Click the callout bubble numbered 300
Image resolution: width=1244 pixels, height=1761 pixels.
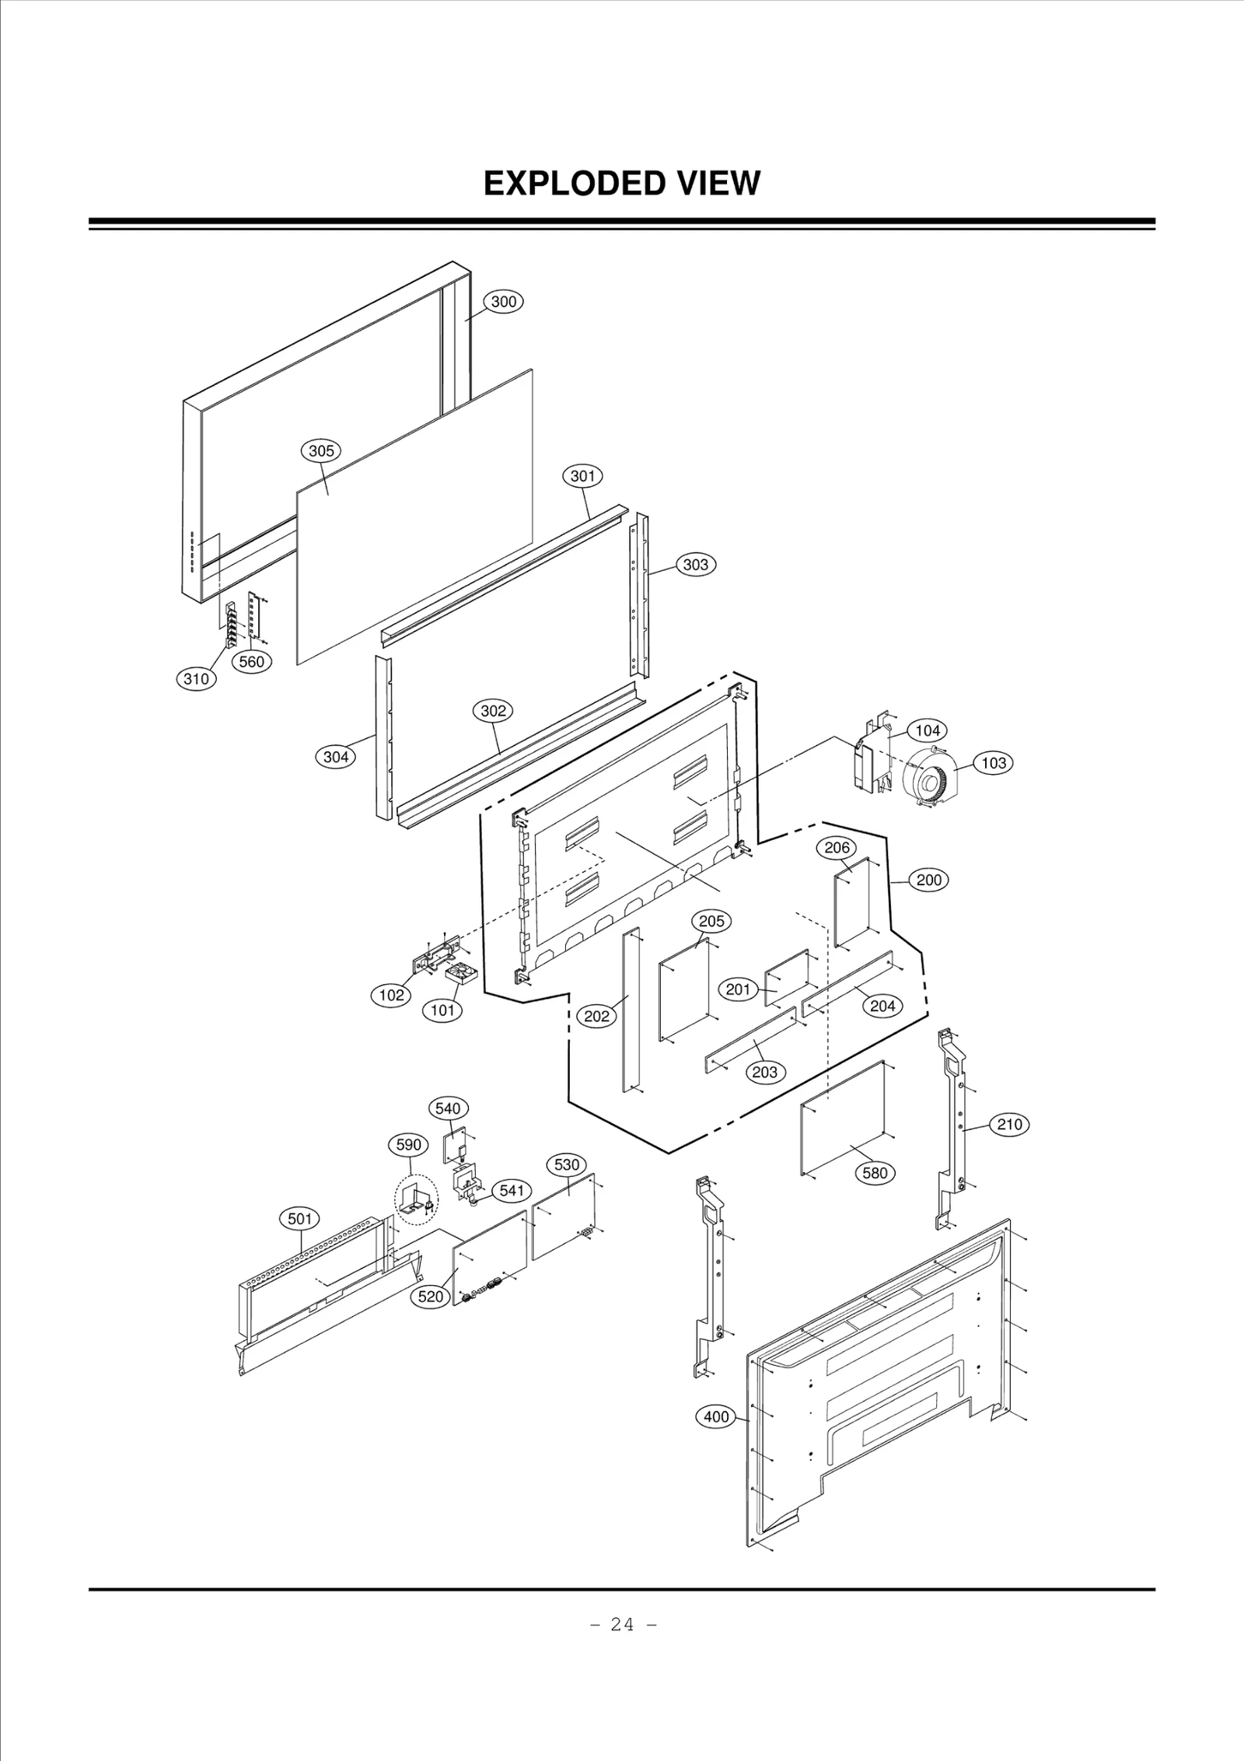click(504, 302)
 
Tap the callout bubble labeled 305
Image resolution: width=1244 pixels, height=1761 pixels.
click(321, 450)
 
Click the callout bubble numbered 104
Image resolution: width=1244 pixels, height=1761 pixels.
click(927, 730)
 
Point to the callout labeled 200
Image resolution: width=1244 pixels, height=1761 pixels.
click(928, 880)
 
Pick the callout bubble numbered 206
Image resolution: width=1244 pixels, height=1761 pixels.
click(837, 847)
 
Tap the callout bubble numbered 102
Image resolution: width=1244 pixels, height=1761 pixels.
click(391, 995)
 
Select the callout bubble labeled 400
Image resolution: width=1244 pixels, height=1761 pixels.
click(716, 1416)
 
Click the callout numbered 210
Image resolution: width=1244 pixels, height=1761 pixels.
click(1009, 1124)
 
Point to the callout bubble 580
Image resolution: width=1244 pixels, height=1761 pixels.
click(875, 1172)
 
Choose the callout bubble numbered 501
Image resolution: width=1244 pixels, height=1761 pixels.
click(299, 1219)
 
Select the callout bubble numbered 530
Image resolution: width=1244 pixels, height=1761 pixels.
click(567, 1164)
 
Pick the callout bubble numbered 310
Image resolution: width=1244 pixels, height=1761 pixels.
click(195, 678)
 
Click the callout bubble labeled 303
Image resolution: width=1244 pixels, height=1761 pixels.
click(695, 565)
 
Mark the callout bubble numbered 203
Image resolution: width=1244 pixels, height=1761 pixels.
click(765, 1072)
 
